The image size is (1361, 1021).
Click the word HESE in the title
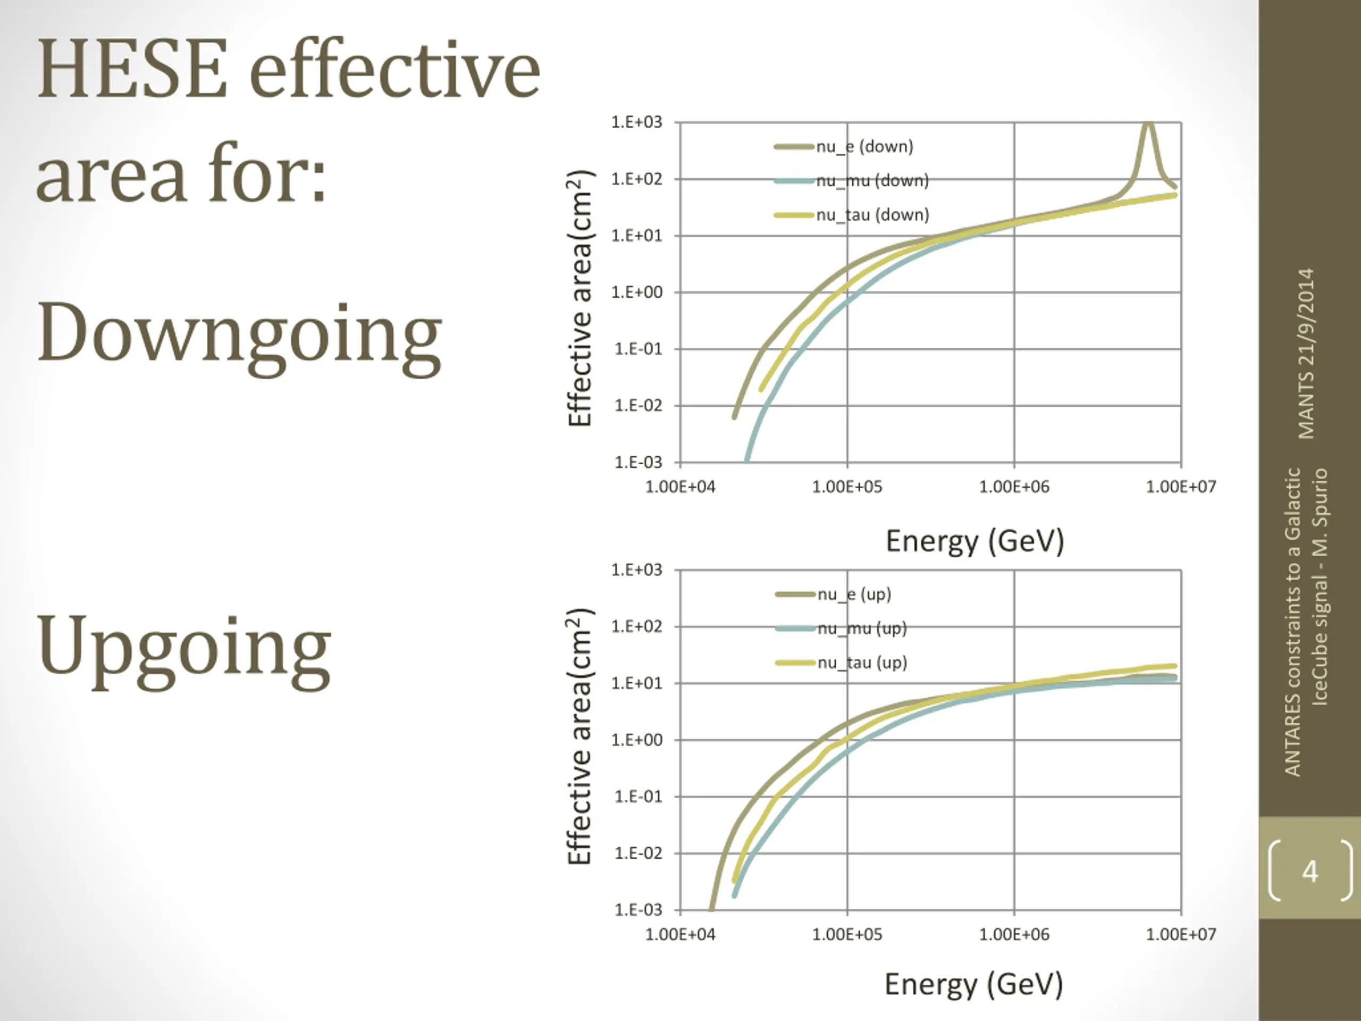(132, 69)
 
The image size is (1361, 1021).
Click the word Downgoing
(239, 333)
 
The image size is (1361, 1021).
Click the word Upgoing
(183, 646)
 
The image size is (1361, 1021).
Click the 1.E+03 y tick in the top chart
(637, 122)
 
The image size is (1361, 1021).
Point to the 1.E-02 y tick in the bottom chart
(638, 853)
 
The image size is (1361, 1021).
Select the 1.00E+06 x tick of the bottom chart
(1014, 934)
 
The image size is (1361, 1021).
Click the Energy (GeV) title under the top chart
(974, 541)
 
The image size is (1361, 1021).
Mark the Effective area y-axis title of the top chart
(579, 298)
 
